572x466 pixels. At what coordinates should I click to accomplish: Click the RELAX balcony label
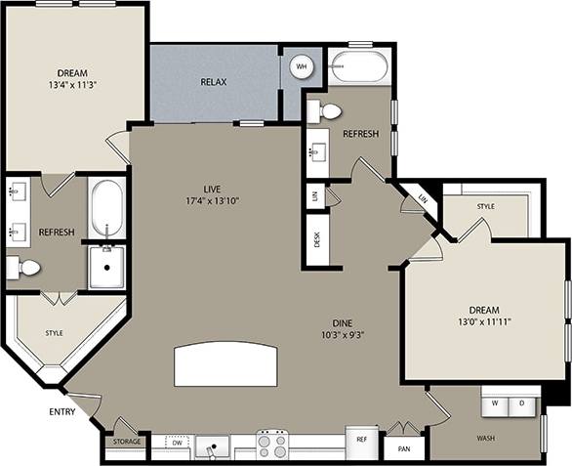point(214,82)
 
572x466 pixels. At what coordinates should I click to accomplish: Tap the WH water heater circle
point(302,66)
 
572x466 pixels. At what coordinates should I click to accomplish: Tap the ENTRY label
point(62,411)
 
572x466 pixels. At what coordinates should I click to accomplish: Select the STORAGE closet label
point(126,443)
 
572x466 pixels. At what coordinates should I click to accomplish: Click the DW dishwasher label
point(176,443)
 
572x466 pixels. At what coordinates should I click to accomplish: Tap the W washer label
point(495,402)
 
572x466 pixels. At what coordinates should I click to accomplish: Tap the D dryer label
point(522,402)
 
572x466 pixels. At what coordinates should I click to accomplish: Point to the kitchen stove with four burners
point(271,445)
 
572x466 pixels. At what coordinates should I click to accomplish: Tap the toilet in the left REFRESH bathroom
point(26,268)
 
